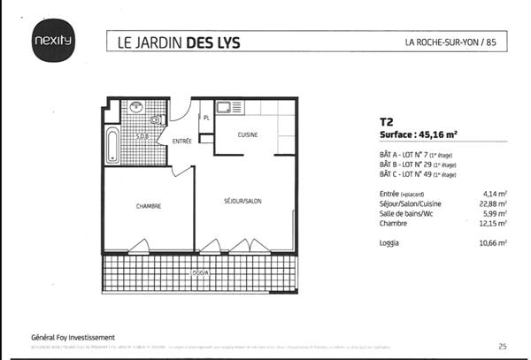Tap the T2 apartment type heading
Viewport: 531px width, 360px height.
click(386, 124)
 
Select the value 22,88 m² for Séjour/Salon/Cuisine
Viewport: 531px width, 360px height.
click(492, 203)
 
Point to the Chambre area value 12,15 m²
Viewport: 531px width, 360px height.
click(492, 223)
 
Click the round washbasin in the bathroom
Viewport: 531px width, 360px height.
click(135, 106)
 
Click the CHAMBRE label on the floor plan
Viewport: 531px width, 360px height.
click(148, 206)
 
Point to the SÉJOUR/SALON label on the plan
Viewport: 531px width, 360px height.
click(242, 202)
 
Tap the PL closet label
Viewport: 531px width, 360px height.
click(205, 117)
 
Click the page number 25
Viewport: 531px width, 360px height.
click(503, 346)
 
